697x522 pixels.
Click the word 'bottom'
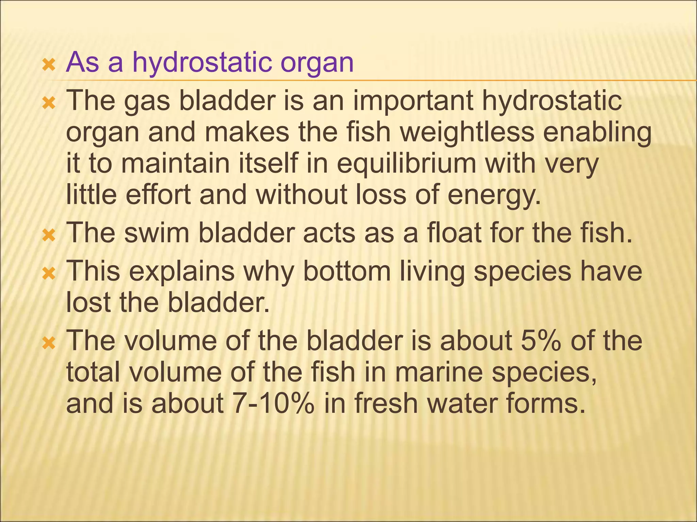coord(346,272)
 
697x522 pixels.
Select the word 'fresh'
coord(386,404)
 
